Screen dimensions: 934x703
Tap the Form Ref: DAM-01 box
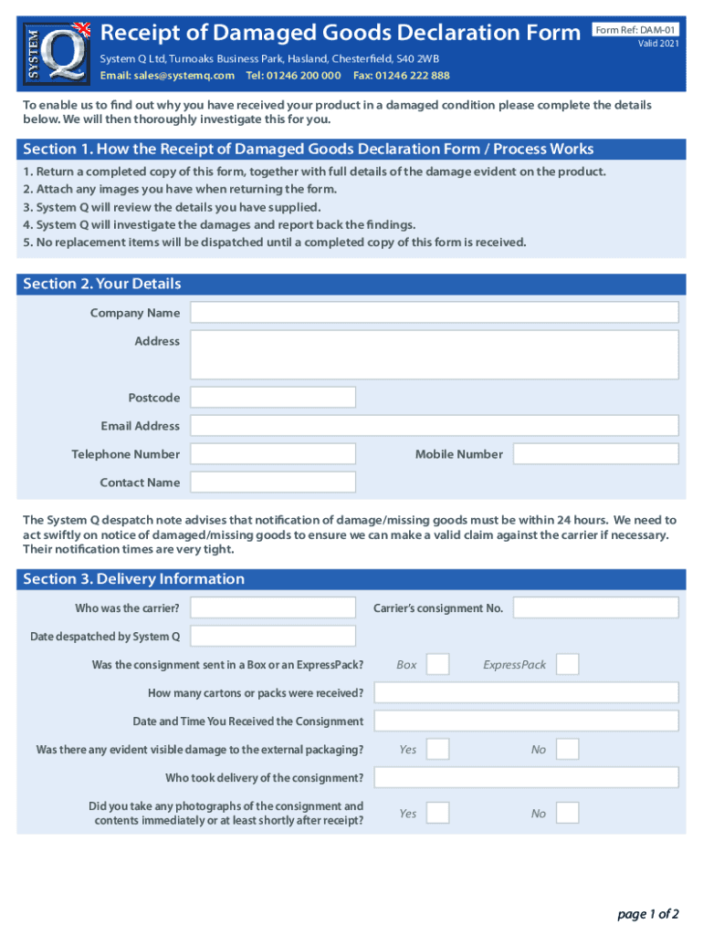(636, 30)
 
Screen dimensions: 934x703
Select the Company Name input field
(434, 313)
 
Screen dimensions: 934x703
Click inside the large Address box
(434, 354)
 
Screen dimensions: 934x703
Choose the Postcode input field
(273, 398)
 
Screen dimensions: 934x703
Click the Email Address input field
(434, 426)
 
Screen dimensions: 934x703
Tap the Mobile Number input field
(595, 454)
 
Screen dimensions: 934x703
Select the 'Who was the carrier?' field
(273, 607)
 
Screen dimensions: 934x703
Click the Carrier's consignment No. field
(595, 607)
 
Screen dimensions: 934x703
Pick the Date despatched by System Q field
(273, 636)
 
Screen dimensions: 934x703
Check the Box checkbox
(437, 664)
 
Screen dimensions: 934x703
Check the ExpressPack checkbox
(567, 664)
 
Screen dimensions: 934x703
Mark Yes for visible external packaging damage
(437, 750)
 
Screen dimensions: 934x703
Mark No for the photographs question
(567, 813)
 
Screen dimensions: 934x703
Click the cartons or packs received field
(526, 692)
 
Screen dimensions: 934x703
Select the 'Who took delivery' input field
(526, 777)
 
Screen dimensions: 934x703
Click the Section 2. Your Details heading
(102, 284)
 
